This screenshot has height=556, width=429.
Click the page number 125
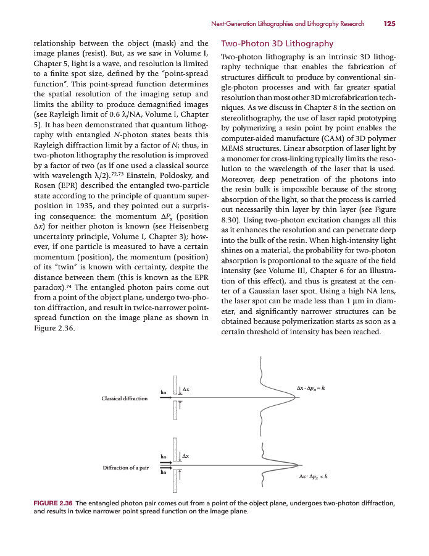pyautogui.click(x=389, y=24)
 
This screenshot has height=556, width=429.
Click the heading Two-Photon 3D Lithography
pyautogui.click(x=277, y=44)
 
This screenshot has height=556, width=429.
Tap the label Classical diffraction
pyautogui.click(x=125, y=398)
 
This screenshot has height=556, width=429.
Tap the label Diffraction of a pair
pyautogui.click(x=126, y=467)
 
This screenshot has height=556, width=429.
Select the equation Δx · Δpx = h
pyautogui.click(x=311, y=388)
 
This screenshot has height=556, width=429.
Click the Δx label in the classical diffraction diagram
pyautogui.click(x=185, y=389)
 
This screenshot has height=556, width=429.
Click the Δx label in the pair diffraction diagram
pyautogui.click(x=185, y=456)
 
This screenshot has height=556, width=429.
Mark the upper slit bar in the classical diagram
pyautogui.click(x=175, y=385)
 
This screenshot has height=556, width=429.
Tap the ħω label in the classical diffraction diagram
pyautogui.click(x=164, y=392)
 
